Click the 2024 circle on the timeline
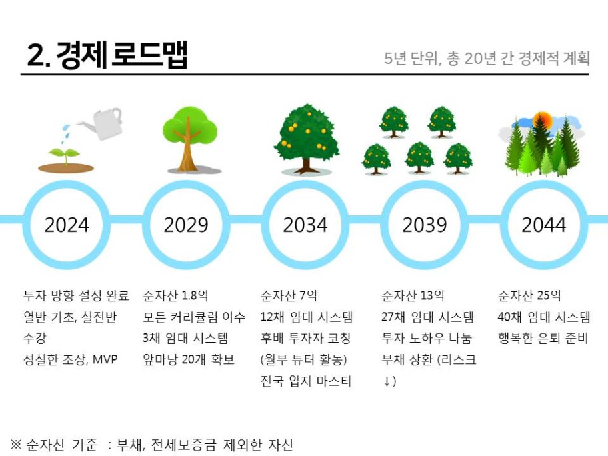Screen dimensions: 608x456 (67, 185)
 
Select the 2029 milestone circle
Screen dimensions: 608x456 (186, 185)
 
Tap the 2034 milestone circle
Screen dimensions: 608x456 (305, 185)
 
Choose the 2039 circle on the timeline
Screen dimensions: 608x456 (425, 185)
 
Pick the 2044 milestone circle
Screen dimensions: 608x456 (543, 185)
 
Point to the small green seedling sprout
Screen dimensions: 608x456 (65, 155)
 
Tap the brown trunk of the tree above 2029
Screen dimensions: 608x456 (188, 149)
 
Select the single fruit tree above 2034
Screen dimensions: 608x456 (306, 139)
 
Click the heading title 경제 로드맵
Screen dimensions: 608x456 (107, 55)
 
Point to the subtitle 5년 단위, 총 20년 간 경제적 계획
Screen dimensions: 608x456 (487, 58)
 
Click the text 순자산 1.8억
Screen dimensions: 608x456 (175, 296)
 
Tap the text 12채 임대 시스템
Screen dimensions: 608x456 (306, 317)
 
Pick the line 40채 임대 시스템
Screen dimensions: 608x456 (543, 317)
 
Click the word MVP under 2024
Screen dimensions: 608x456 (105, 359)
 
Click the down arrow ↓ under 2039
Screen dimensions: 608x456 (387, 381)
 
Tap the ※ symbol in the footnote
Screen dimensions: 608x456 (16, 445)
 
